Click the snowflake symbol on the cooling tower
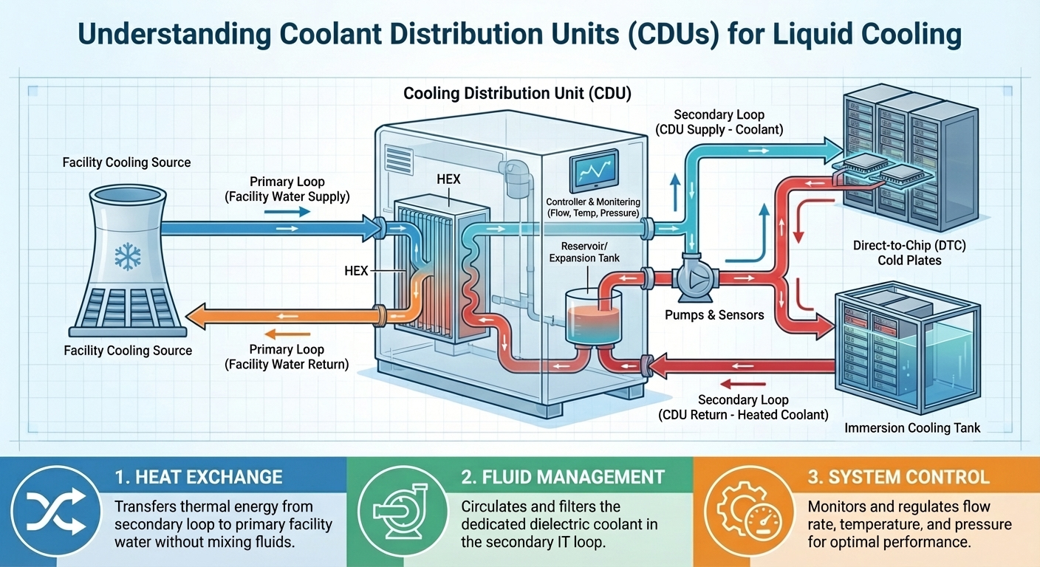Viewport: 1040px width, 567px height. tap(127, 256)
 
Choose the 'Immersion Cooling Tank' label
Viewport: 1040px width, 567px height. tap(912, 427)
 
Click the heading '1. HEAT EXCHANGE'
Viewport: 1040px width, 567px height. tap(199, 477)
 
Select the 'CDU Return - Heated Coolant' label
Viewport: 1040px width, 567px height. tap(742, 415)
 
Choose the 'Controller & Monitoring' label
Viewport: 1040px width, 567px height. tap(593, 202)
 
